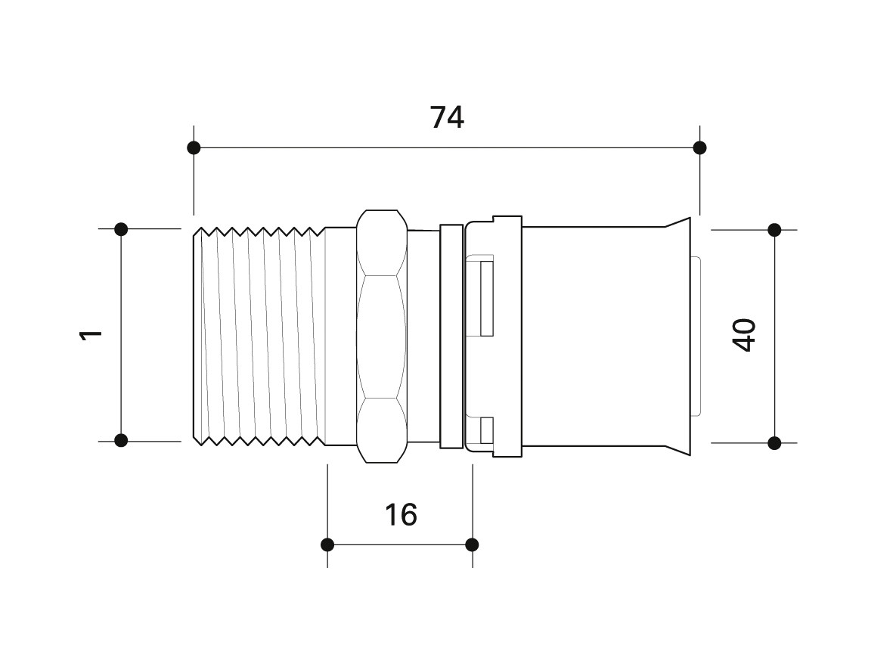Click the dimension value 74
pos(447,117)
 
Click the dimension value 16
pos(401,514)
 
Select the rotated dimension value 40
pos(744,336)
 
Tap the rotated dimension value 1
pos(91,334)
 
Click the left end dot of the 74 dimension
pos(194,148)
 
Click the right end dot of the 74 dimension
pos(700,148)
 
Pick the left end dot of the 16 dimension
pos(327,544)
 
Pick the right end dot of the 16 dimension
pos(472,544)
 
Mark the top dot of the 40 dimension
pos(774,230)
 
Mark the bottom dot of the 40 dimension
pos(774,442)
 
